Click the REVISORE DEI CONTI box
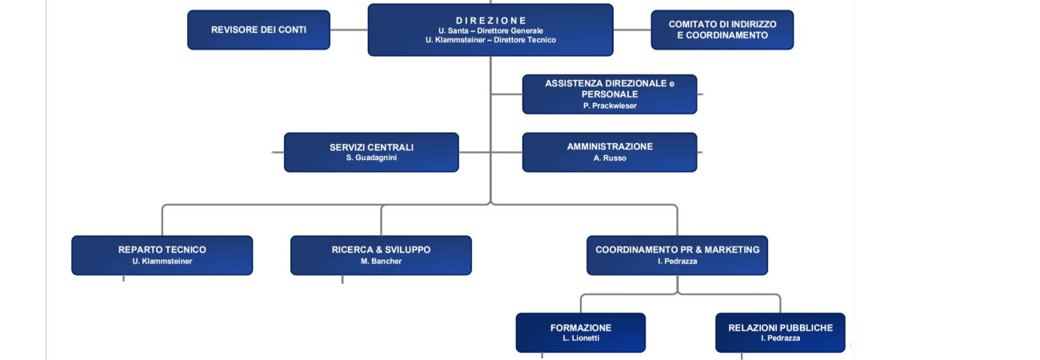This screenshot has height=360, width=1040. point(258,30)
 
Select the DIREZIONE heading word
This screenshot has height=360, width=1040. point(490,21)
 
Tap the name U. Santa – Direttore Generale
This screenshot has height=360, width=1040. point(490,30)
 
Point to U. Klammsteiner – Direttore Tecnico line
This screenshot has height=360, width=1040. point(490,40)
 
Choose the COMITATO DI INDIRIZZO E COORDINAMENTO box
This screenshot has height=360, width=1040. point(722,30)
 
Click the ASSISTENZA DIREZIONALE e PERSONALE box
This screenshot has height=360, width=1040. point(610,94)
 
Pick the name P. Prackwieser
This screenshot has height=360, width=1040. point(610,106)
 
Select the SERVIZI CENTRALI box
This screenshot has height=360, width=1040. point(371,152)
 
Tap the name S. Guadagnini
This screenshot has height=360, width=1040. point(371,158)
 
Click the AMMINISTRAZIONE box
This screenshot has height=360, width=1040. point(610,152)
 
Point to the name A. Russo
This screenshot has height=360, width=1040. point(610,158)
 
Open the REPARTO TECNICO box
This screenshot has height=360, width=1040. point(162,255)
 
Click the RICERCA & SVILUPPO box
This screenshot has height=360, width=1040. point(381,255)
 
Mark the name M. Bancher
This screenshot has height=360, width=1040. point(381,262)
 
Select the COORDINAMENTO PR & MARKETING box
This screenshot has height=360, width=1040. point(678,255)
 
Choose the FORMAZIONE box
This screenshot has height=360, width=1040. point(581,333)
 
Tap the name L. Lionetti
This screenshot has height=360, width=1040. point(581,338)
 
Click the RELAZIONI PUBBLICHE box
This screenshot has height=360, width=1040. point(781,333)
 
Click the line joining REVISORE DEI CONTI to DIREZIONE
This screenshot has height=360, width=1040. point(349,30)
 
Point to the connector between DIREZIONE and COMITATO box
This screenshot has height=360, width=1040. point(632,30)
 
